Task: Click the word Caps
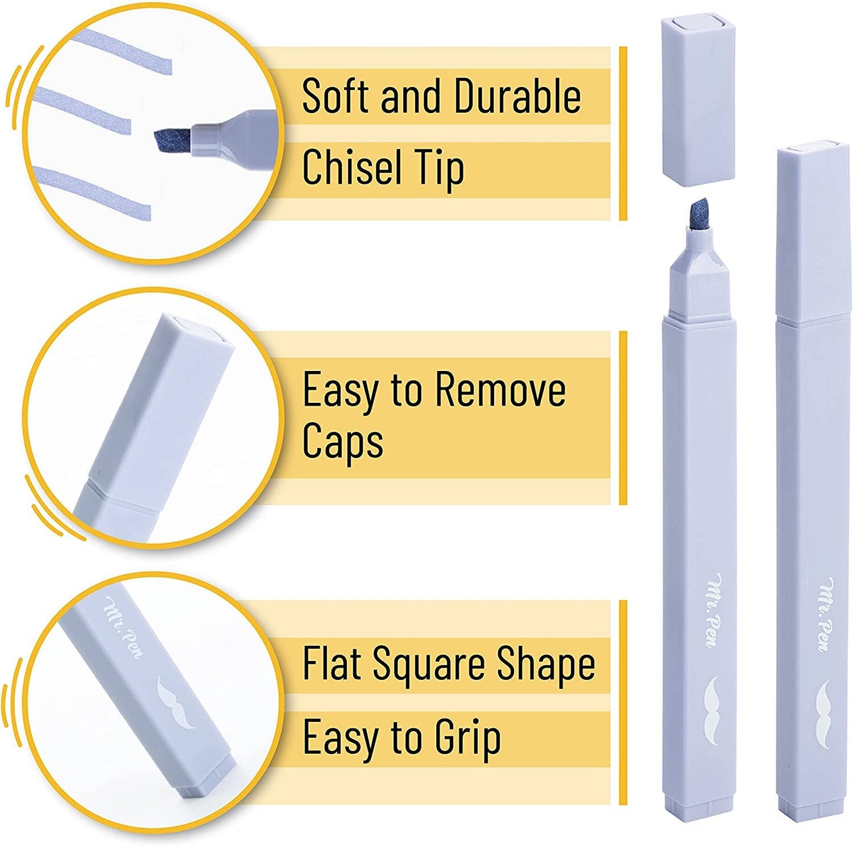click(x=342, y=441)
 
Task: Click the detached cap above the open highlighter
click(x=698, y=99)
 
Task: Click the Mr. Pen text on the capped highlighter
click(x=827, y=614)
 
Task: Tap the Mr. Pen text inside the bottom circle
click(x=123, y=627)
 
